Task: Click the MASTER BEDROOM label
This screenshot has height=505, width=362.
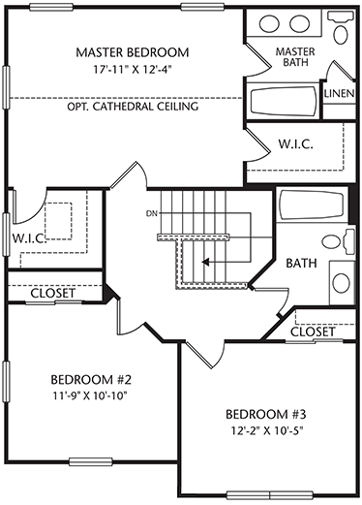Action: [x=133, y=52]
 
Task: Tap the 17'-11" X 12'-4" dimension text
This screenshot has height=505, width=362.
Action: [x=132, y=69]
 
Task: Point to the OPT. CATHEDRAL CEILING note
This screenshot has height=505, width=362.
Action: [x=133, y=106]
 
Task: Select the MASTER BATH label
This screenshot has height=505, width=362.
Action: [x=295, y=56]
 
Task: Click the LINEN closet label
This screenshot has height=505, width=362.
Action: [x=340, y=94]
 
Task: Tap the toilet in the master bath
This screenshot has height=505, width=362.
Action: [x=341, y=27]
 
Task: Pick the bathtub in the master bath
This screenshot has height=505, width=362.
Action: [x=284, y=101]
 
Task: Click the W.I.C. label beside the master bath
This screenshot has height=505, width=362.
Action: [x=296, y=144]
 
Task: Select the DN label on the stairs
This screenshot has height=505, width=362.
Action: [x=152, y=213]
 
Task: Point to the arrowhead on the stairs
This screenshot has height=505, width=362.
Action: [x=205, y=262]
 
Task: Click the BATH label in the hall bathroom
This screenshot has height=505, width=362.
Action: [x=301, y=263]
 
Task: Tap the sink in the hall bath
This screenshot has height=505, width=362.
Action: [x=342, y=283]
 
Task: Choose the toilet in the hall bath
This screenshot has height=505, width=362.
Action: [x=339, y=241]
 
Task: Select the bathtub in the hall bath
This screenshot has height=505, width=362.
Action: [x=312, y=205]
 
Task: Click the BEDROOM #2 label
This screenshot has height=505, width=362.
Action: [x=91, y=379]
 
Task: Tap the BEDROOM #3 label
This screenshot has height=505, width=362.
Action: [x=266, y=414]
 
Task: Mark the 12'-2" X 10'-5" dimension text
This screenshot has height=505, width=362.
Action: [x=266, y=430]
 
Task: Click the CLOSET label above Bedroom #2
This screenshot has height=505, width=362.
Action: [x=53, y=294]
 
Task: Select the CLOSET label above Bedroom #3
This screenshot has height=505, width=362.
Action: [x=313, y=331]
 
